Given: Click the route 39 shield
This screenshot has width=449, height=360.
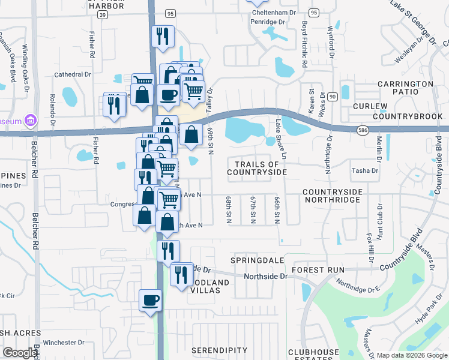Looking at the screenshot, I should [103, 14].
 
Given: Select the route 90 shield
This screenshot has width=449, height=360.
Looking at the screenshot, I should [332, 96].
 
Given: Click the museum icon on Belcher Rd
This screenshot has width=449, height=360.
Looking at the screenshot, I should [30, 121].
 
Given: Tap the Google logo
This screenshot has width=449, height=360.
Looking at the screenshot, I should [20, 353].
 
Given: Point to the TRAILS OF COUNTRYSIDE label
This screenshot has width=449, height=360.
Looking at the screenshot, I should [257, 168].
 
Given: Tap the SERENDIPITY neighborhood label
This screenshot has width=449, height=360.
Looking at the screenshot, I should [219, 350].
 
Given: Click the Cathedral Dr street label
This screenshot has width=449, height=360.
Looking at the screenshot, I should [72, 74].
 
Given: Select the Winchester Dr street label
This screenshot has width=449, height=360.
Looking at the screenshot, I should [64, 343].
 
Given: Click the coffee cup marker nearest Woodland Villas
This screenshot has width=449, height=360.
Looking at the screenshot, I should [150, 300].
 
